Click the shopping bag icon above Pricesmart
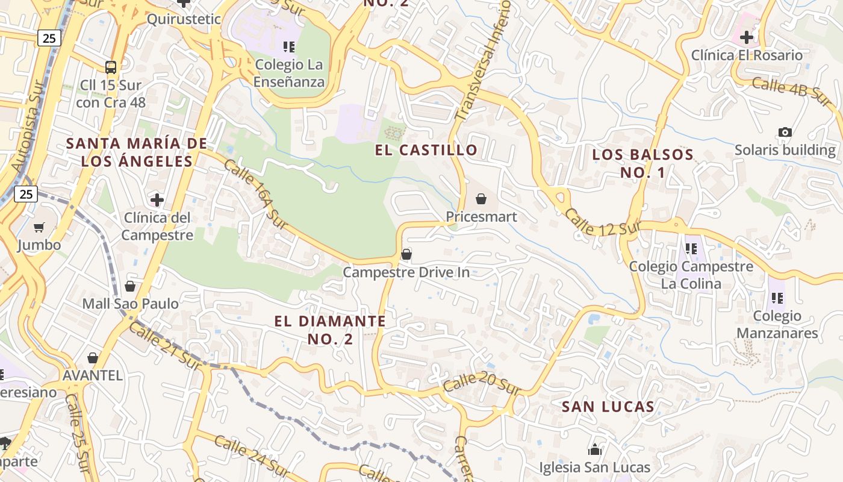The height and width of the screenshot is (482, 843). pos(481,198)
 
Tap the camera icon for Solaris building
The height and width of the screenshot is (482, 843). pos(785,132)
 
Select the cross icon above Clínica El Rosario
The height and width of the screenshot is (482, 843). pos(747,37)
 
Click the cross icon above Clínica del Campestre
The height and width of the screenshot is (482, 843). pos(157,199)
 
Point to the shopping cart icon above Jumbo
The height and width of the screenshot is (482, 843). pos(39,227)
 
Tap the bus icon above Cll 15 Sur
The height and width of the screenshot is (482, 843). pos(111,67)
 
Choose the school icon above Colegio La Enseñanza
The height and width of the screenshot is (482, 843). pos(289,46)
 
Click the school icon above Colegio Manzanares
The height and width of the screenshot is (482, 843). pos(777,298)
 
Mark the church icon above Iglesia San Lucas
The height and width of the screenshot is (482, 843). pos(595,449)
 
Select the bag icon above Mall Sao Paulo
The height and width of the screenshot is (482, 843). pos(130,286)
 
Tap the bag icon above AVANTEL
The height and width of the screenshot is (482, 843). pos(93,358)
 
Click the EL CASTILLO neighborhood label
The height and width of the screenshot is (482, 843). pos(426,150)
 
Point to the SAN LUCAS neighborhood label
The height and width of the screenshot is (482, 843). pos(608,407)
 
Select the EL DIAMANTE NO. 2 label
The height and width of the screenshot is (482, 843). pos(330,330)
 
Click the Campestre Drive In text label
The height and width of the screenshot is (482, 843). pos(406,272)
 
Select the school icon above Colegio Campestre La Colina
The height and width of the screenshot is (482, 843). pos(691,248)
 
